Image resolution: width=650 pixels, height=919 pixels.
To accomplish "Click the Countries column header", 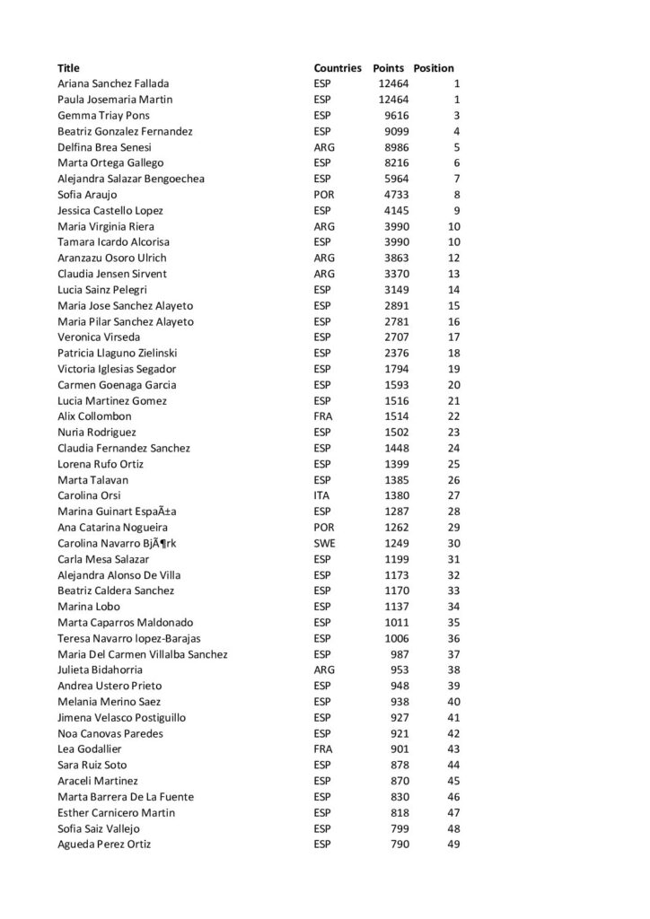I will point(338,68).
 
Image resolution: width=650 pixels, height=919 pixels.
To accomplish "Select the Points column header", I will point(389,68).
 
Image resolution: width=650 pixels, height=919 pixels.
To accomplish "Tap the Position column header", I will point(434,68).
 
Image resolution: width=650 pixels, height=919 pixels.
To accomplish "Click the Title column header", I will point(68,68).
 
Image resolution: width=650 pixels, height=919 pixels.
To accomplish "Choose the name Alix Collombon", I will point(94,416).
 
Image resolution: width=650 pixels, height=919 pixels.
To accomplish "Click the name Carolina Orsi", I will point(89,495).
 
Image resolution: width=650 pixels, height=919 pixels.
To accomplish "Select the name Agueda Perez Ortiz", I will point(104,844).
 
